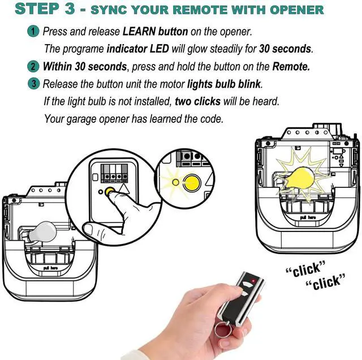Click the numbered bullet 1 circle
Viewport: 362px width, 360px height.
[x=33, y=31]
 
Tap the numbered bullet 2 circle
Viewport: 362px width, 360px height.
[x=33, y=67]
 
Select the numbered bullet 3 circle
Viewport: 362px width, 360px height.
[x=34, y=84]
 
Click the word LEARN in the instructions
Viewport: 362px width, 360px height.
[x=139, y=32]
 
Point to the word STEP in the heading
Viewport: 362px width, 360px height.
[x=37, y=9]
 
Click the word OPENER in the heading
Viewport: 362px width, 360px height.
[x=296, y=10]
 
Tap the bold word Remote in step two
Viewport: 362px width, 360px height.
[x=291, y=67]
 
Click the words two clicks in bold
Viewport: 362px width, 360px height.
[x=197, y=101]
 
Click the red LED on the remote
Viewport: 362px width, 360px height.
[x=253, y=281]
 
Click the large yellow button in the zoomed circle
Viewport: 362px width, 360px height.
[x=192, y=183]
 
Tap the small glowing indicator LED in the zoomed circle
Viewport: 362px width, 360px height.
[x=176, y=182]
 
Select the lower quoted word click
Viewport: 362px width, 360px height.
[x=326, y=282]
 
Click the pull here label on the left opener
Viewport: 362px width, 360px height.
[x=50, y=268]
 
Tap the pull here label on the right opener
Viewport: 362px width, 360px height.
[x=308, y=217]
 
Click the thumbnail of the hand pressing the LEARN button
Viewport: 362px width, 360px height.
[x=113, y=198]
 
